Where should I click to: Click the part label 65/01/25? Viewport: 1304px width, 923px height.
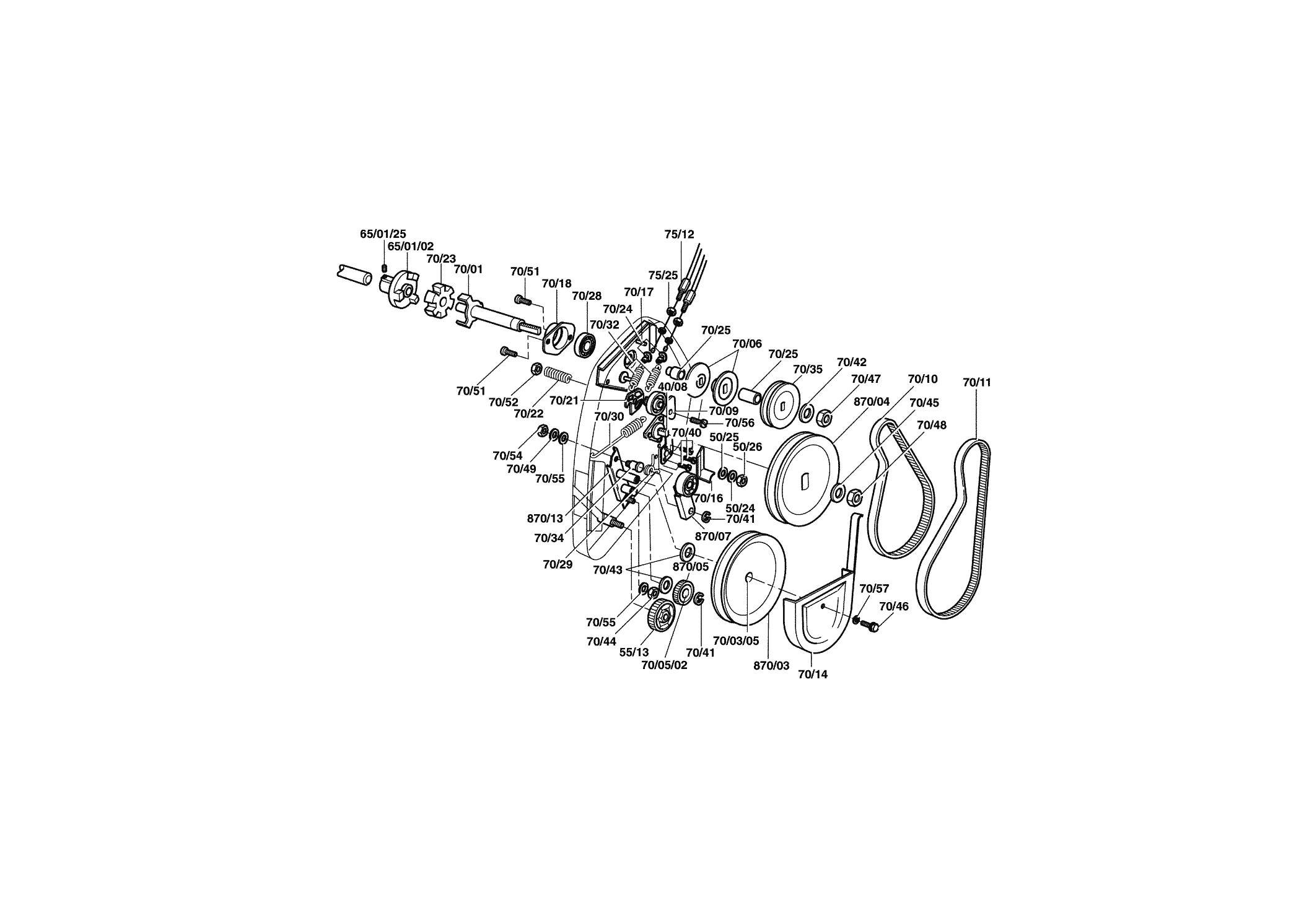383,234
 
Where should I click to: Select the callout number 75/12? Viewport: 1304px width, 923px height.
679,234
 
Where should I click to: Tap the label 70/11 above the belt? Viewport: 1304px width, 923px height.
977,382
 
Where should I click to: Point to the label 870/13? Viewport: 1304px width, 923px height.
545,518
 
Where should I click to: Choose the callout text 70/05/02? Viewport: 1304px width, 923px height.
664,665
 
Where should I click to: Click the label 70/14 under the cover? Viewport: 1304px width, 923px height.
813,675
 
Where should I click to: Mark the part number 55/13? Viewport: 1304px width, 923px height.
634,652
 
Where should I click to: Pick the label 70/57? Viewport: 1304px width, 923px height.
874,588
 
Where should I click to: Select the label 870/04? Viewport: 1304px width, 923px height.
872,401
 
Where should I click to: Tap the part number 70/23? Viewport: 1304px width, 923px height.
441,258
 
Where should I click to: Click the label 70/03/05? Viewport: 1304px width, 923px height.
735,641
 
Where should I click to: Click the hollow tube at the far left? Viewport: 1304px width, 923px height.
354,275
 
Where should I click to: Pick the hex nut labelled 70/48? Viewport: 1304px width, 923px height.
854,496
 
